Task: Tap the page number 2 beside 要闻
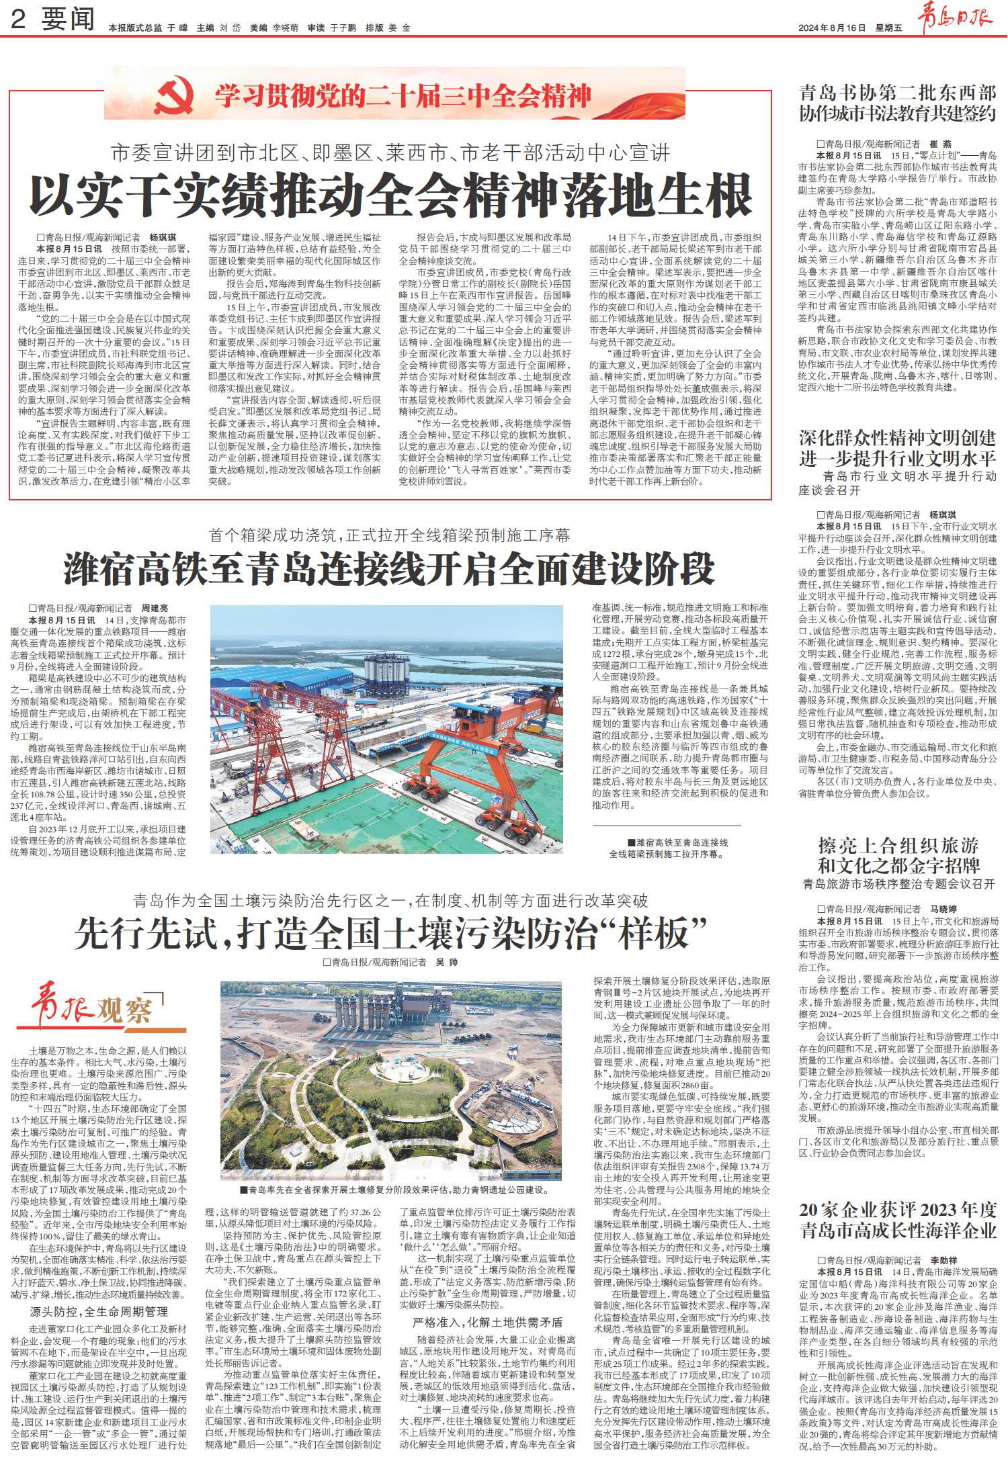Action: point(19,21)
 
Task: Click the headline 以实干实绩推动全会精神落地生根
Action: point(392,195)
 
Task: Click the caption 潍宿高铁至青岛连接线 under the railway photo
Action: point(679,842)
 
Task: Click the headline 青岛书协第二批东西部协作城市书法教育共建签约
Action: point(897,103)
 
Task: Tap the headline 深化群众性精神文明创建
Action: point(897,439)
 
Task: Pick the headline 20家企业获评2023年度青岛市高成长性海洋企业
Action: point(897,1221)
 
